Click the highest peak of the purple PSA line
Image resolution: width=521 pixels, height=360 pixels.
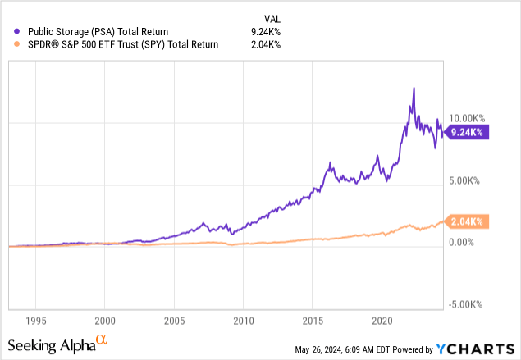pyautogui.click(x=414, y=88)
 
